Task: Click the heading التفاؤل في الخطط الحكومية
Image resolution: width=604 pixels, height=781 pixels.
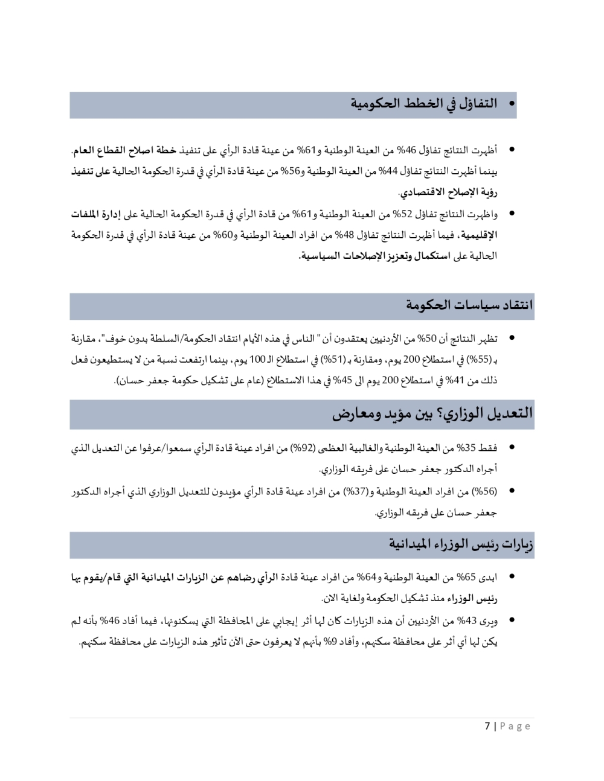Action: (424, 103)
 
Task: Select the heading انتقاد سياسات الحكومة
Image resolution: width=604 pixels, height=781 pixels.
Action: (469, 305)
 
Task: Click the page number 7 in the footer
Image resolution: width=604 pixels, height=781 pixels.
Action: (487, 725)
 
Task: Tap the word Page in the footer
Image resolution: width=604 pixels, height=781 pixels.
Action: (515, 725)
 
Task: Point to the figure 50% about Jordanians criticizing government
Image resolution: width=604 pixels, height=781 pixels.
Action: (426, 339)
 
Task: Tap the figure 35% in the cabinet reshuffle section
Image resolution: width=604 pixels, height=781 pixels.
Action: (466, 448)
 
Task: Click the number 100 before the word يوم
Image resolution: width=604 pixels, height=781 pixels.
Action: (257, 360)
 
